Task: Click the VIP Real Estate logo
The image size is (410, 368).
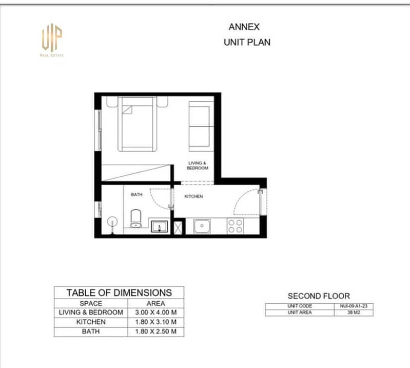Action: coord(52,40)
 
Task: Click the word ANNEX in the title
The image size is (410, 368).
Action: coord(244,27)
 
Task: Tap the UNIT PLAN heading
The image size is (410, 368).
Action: coord(247,42)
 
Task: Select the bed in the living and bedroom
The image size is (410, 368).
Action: coord(138,124)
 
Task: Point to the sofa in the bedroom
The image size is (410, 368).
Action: coord(201,126)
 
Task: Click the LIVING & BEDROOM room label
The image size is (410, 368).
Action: coord(198,165)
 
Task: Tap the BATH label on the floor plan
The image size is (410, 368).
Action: coord(136,195)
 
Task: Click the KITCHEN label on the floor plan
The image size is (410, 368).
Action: coord(193,196)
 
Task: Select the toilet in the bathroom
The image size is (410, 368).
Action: coord(135,218)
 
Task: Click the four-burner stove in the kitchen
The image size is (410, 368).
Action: coord(235,226)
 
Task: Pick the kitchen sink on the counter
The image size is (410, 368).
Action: coord(202,226)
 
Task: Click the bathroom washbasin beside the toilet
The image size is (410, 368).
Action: coord(160,226)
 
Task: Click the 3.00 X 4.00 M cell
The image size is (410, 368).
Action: coord(156,312)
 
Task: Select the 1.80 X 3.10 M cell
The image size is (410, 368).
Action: coord(156,322)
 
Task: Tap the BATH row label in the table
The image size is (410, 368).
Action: coord(91,332)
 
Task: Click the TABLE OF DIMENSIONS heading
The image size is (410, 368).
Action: coord(119,292)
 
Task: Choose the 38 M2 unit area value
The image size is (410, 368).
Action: coord(354,312)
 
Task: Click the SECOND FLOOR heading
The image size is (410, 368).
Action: coord(319,296)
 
